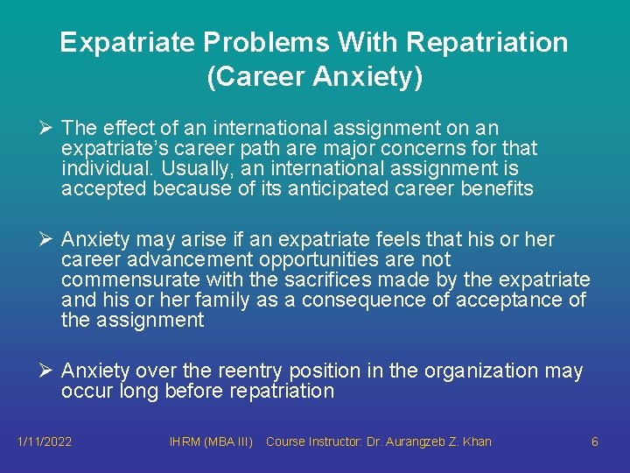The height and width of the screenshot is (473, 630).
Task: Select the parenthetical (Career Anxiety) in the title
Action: click(x=315, y=77)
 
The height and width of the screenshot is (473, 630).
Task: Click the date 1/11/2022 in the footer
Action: click(x=45, y=441)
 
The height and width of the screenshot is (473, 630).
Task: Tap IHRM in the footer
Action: click(x=185, y=441)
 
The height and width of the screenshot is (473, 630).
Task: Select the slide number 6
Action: click(x=595, y=441)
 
